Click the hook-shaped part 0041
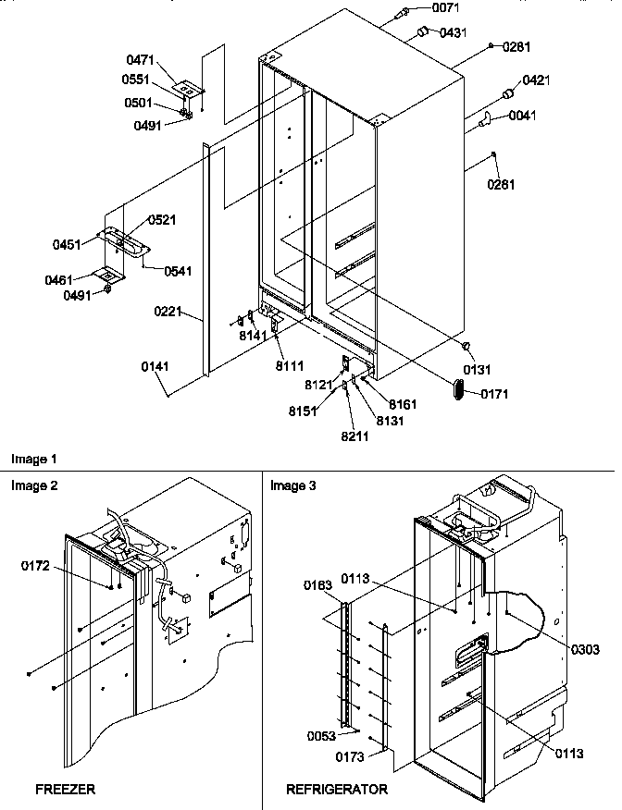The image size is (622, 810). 483,119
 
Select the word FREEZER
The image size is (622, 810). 65,790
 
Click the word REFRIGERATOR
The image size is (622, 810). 337,790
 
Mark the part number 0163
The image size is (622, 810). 320,585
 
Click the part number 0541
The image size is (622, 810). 178,271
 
